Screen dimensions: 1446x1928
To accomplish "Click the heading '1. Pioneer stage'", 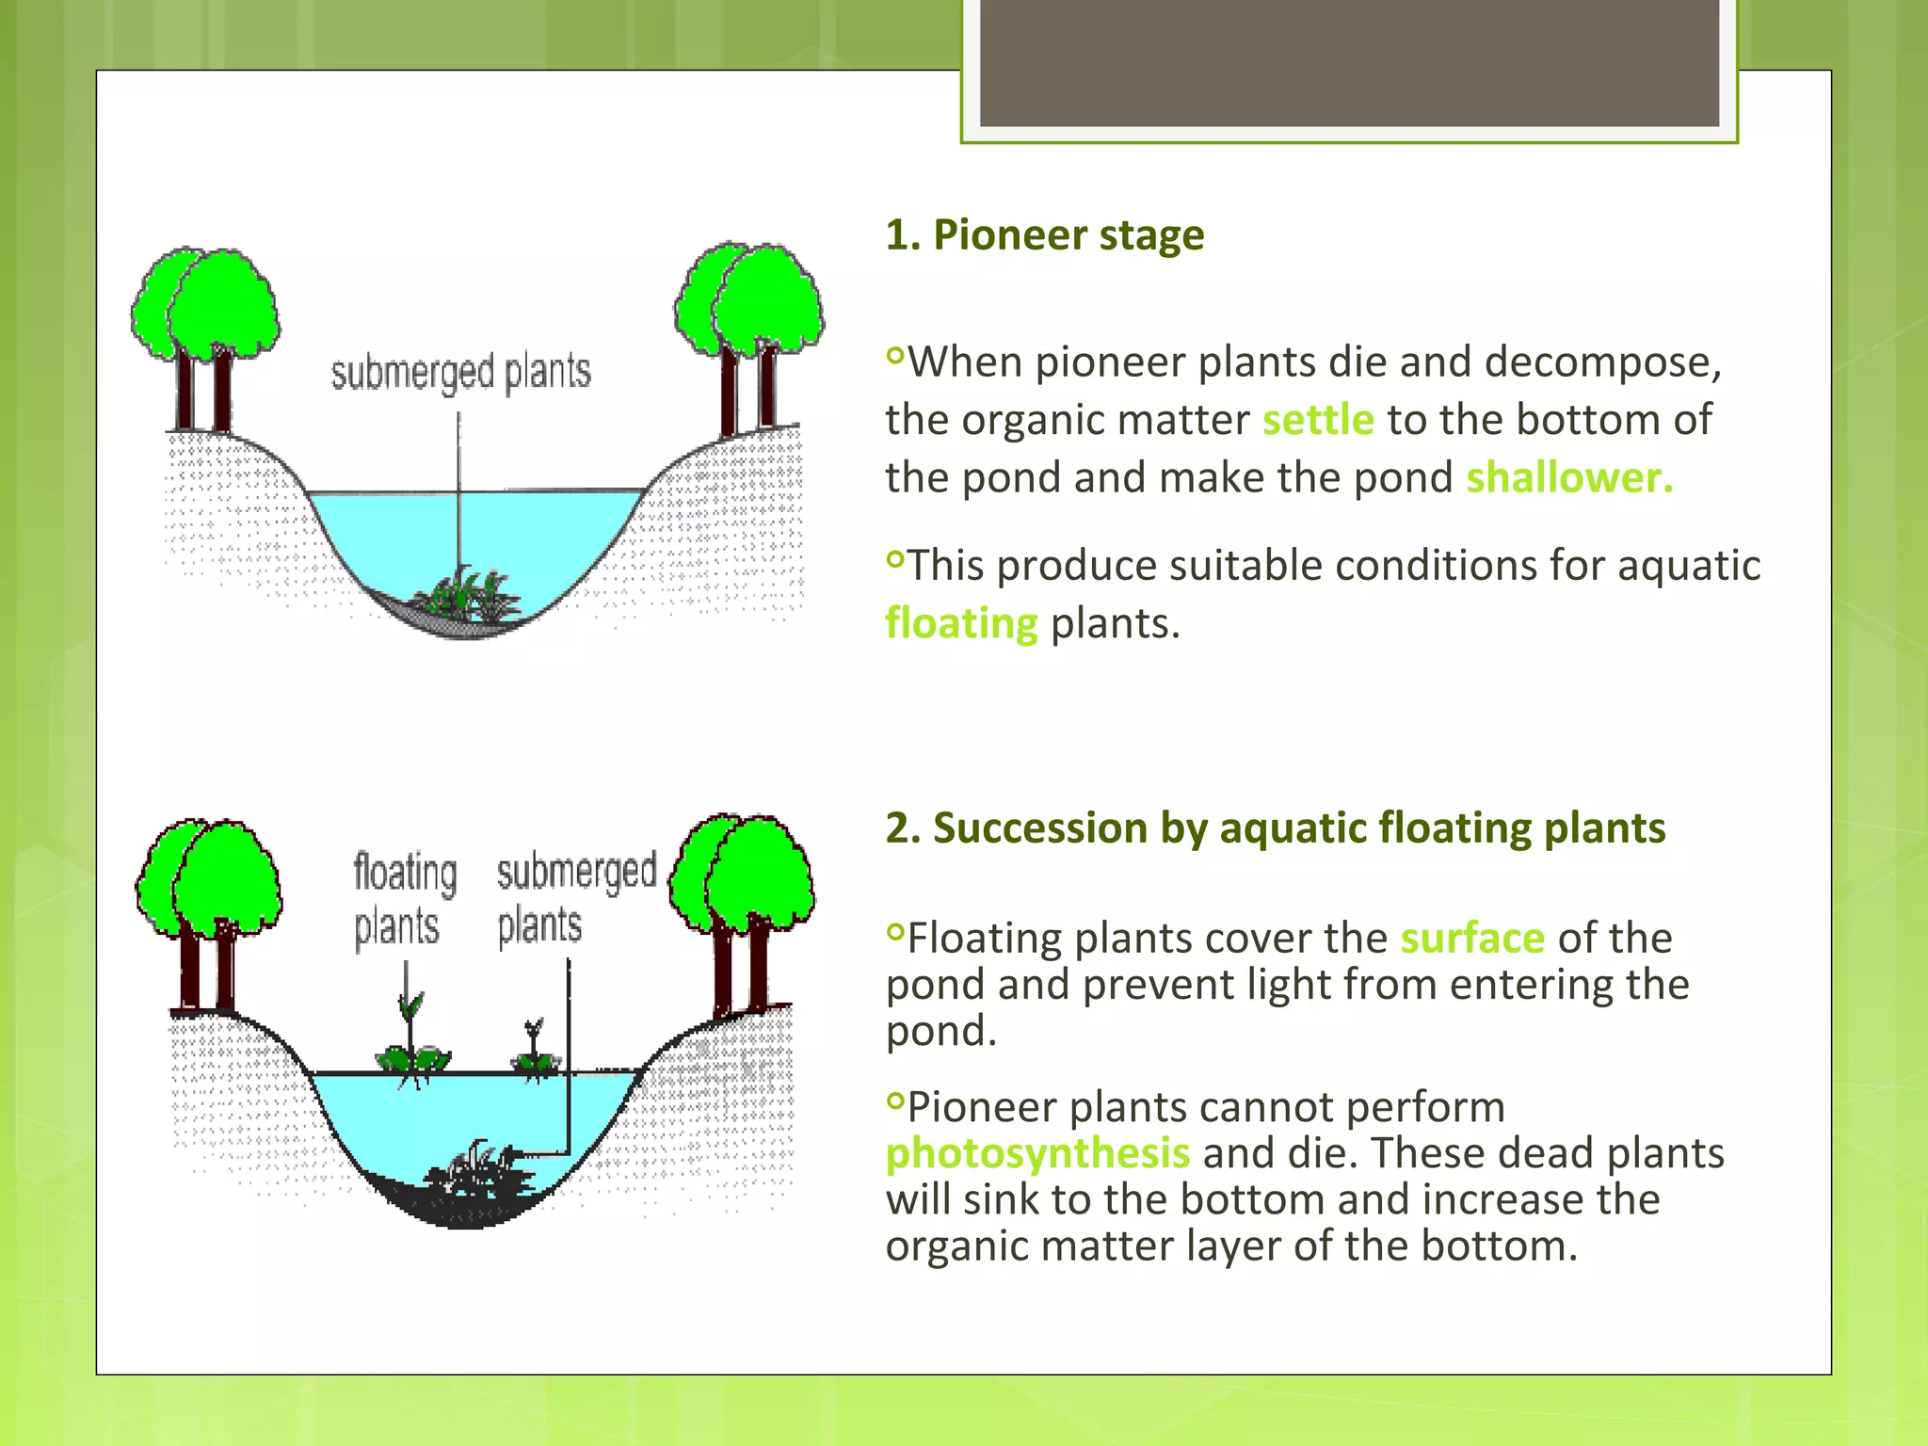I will [x=1044, y=235].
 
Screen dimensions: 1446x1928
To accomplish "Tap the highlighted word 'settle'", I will [x=1317, y=420].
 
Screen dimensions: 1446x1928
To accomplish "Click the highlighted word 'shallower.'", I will [x=1569, y=477].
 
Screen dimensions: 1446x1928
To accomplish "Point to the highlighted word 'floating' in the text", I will [x=961, y=623].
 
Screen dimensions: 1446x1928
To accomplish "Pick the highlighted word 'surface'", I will [x=1472, y=939].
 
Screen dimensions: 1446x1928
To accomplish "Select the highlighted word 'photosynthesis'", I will [x=1037, y=1153].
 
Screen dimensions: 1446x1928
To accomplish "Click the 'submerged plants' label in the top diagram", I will [x=460, y=373].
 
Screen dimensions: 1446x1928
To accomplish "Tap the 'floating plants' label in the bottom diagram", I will [x=405, y=899].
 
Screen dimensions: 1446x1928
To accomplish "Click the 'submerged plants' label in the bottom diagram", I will [x=575, y=899].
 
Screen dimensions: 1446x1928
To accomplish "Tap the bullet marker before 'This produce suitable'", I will [x=894, y=560].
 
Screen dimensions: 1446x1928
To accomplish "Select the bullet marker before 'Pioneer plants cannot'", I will [x=894, y=1101].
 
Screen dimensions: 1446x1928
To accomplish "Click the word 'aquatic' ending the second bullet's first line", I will [x=1689, y=566].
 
